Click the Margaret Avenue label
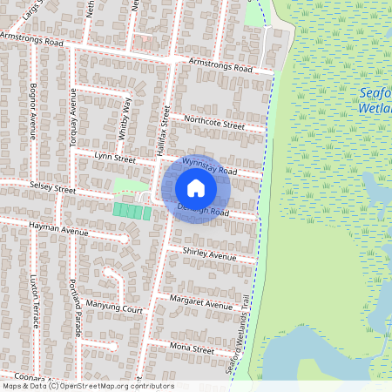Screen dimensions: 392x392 click(x=200, y=302)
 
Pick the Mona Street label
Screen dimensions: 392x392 click(x=192, y=348)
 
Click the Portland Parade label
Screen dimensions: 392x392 click(x=77, y=301)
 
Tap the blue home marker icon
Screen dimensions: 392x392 click(x=196, y=187)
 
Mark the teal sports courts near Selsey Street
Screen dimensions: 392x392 click(x=132, y=212)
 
